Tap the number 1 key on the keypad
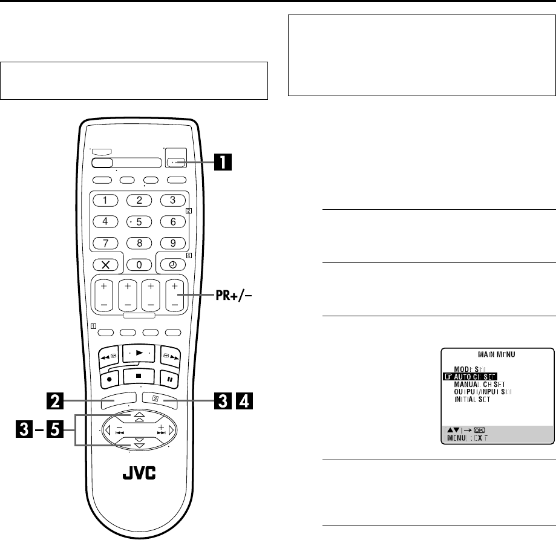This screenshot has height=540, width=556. [105, 200]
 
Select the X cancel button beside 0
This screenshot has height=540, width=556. [105, 264]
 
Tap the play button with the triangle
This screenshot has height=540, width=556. [139, 351]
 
